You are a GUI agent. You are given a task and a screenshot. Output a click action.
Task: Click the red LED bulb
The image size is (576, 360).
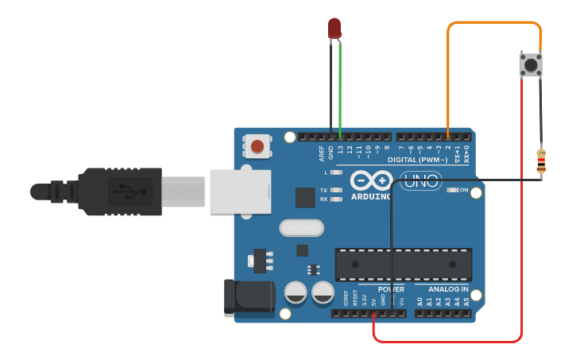click(334, 29)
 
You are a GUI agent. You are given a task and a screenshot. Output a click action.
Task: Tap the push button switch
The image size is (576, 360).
click(531, 64)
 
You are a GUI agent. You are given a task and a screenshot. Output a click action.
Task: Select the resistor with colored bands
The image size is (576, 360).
click(541, 161)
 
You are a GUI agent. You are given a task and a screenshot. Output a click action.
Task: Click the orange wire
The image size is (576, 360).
click(493, 23)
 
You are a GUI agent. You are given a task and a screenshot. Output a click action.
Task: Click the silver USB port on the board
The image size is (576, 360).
click(238, 192)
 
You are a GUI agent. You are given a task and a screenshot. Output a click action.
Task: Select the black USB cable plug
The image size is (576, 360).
click(119, 192)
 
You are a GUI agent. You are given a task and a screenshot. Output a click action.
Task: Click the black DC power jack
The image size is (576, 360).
click(248, 297)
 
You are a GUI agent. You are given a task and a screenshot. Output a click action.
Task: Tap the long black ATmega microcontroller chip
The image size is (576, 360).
click(403, 264)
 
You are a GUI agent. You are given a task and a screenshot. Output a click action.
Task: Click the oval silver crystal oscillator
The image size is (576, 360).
click(302, 228)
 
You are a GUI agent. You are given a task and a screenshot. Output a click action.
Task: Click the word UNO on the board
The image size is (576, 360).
click(420, 181)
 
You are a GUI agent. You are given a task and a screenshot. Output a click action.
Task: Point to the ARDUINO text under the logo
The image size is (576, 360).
click(370, 196)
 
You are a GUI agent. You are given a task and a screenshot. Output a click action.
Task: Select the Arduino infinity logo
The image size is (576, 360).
click(370, 180)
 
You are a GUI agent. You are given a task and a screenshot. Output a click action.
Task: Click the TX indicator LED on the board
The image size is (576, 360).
click(337, 191)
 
